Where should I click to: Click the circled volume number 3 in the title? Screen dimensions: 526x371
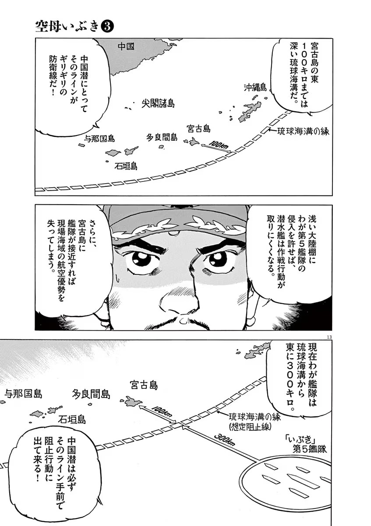click(108, 27)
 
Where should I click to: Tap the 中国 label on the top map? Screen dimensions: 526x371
click(126, 46)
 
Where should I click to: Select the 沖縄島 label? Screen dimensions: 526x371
click(255, 88)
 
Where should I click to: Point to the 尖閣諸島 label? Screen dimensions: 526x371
click(158, 103)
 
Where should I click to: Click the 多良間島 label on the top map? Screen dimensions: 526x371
click(162, 137)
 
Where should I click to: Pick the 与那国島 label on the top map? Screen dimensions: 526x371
click(99, 139)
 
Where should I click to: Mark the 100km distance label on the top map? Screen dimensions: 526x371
click(218, 144)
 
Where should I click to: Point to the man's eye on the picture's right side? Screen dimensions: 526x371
click(218, 259)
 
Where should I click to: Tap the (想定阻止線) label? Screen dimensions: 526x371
click(248, 426)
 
